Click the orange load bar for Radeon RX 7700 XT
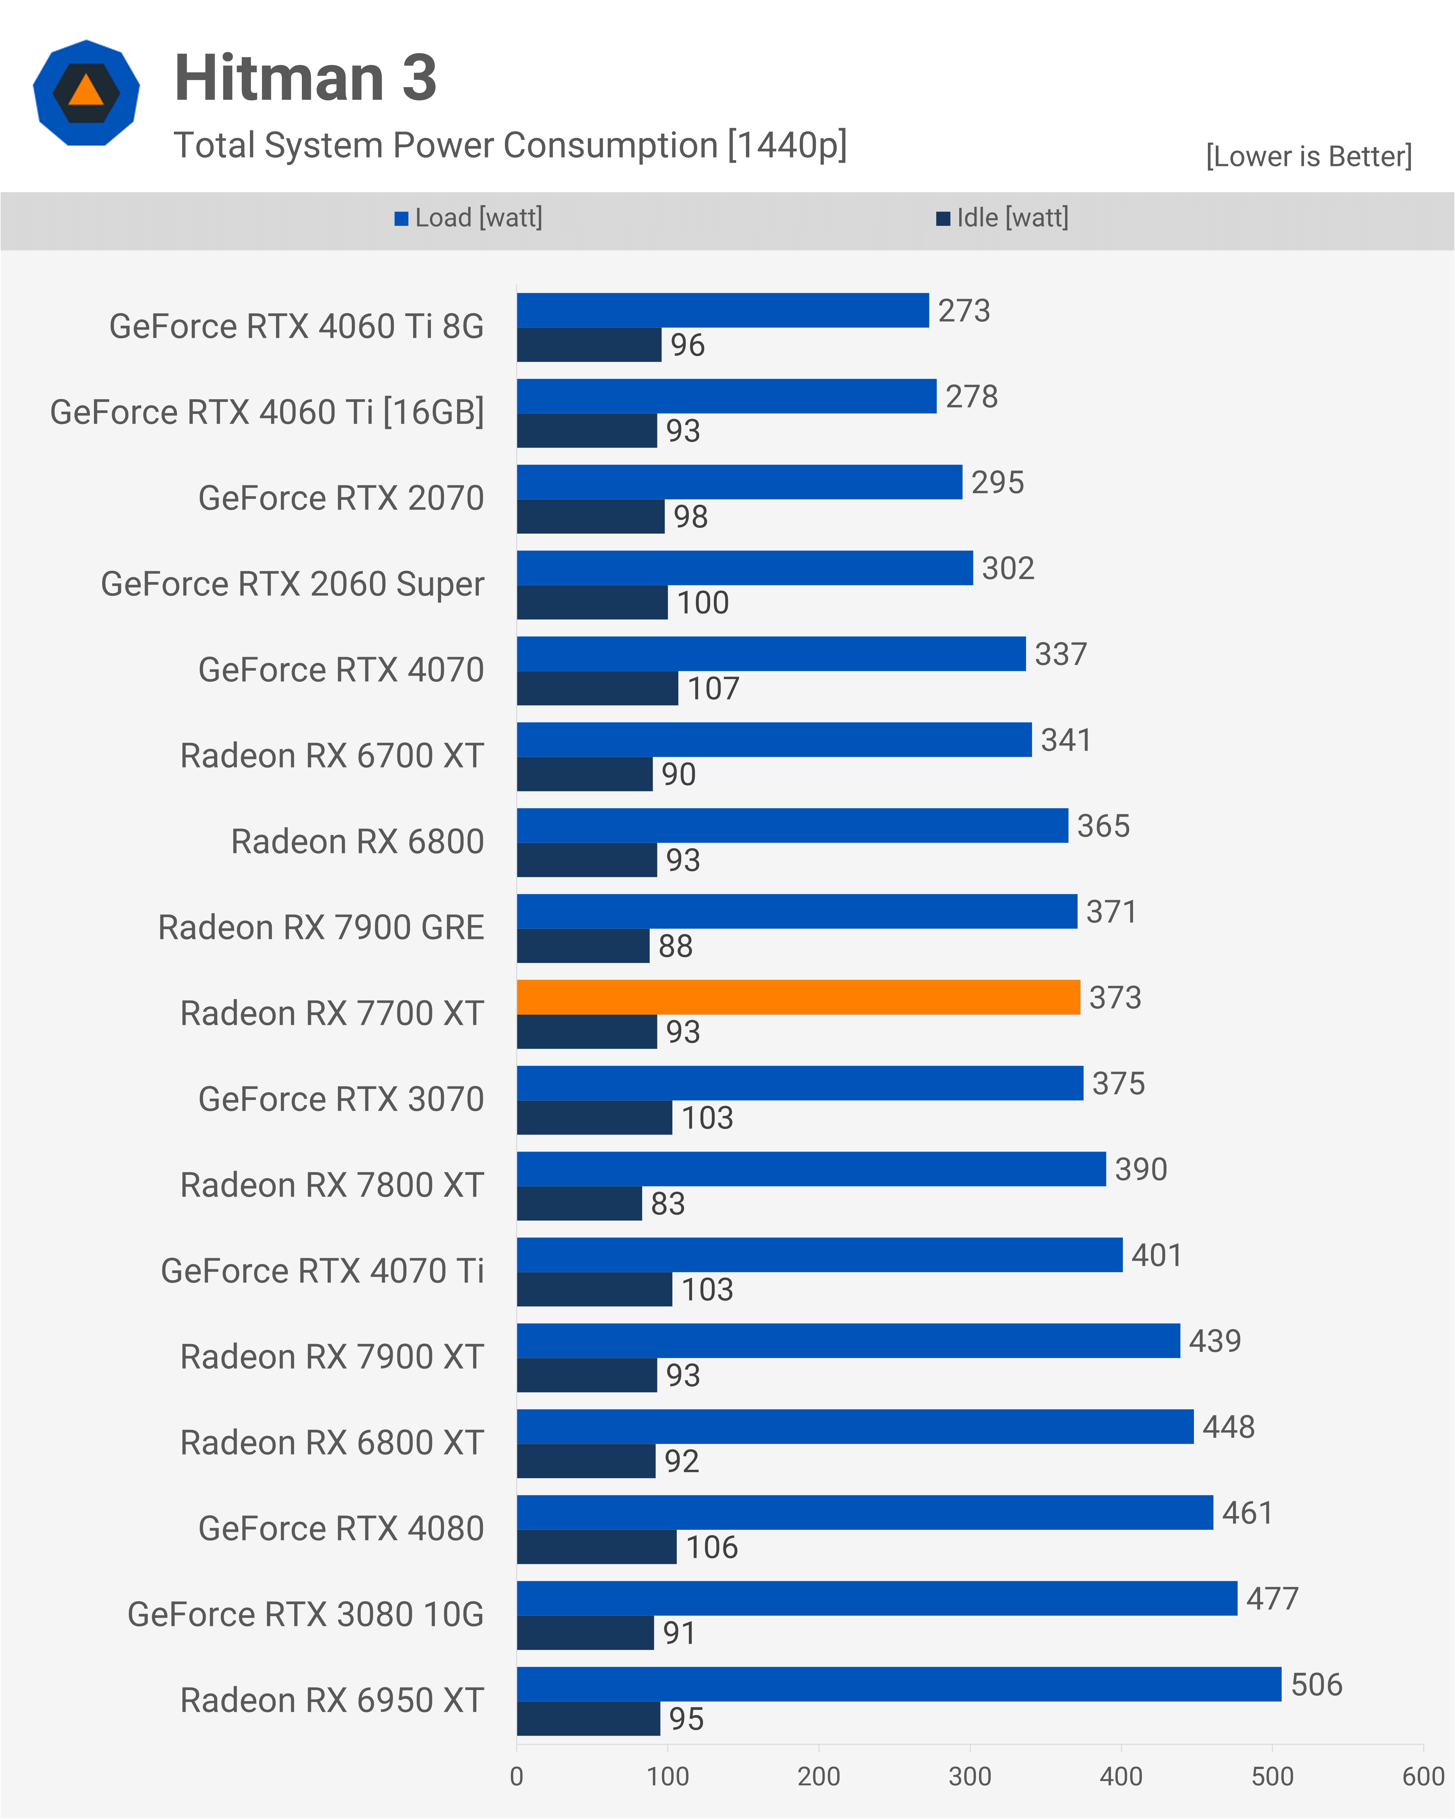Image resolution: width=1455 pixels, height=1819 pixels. (x=798, y=997)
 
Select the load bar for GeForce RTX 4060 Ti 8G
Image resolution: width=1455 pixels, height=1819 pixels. (x=723, y=310)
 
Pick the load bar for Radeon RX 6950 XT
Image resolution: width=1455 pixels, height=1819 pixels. (x=899, y=1684)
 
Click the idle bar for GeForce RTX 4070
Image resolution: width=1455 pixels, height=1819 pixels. (x=597, y=689)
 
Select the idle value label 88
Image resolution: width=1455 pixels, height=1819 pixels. (x=676, y=947)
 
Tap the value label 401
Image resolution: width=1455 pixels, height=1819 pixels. (x=1156, y=1255)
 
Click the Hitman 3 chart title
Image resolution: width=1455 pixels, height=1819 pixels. (x=305, y=78)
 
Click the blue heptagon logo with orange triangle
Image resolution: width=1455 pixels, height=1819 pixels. (x=86, y=93)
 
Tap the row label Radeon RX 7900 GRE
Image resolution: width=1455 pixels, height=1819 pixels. (x=321, y=927)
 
